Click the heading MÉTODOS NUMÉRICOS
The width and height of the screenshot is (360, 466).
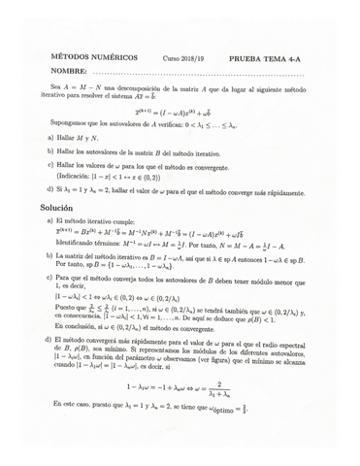click(x=93, y=58)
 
